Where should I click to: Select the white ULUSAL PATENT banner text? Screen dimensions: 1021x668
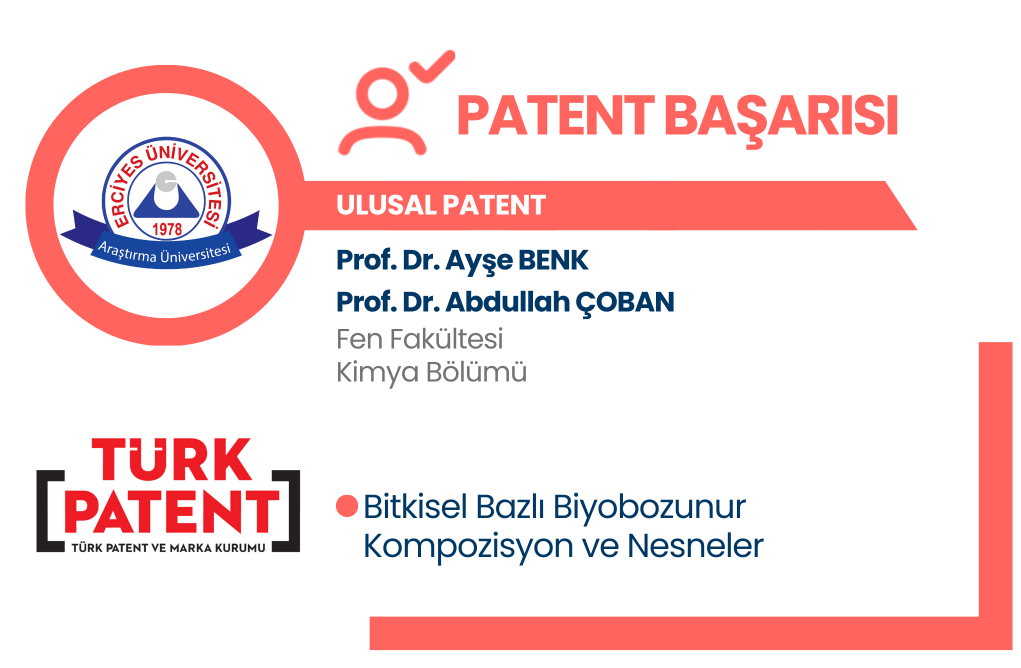click(441, 205)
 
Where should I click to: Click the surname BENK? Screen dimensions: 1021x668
click(553, 260)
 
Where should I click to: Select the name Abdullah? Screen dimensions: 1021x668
click(508, 301)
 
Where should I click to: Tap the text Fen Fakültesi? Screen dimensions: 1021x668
click(419, 338)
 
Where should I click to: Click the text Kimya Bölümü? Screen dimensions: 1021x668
click(431, 372)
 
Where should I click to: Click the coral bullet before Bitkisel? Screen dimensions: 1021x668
click(347, 506)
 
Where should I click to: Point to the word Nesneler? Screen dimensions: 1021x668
click(695, 545)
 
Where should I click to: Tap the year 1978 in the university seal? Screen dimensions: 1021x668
click(167, 229)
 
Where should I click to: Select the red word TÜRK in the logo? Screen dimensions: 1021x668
click(171, 459)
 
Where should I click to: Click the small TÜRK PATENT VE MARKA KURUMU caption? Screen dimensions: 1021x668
click(168, 548)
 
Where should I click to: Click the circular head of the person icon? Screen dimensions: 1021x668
click(382, 94)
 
